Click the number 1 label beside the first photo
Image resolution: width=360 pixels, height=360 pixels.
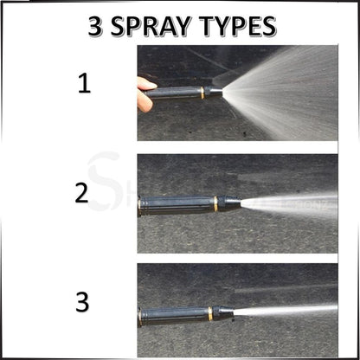point(83,85)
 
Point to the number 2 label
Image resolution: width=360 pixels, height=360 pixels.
point(82,192)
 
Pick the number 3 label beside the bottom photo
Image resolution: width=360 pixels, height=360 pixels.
point(83,303)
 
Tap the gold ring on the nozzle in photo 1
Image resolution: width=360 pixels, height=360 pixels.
point(203,93)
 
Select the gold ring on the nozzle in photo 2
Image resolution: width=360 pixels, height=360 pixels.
point(215,205)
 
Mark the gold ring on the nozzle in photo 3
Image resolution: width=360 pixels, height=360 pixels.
point(209,312)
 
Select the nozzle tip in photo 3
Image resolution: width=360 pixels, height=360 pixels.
point(229,312)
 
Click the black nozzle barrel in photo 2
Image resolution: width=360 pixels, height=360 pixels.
point(177,206)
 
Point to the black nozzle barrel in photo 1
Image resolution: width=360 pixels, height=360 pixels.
point(177,93)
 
